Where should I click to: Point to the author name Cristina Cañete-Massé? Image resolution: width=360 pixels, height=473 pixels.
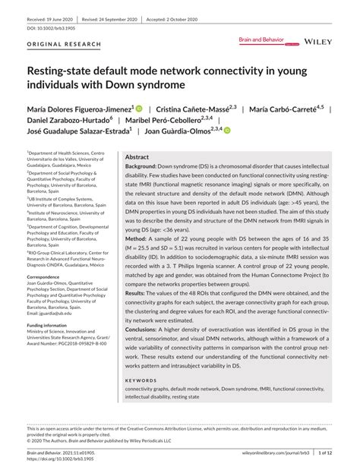(197, 109)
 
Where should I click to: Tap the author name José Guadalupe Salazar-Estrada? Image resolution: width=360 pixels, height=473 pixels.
(79, 131)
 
